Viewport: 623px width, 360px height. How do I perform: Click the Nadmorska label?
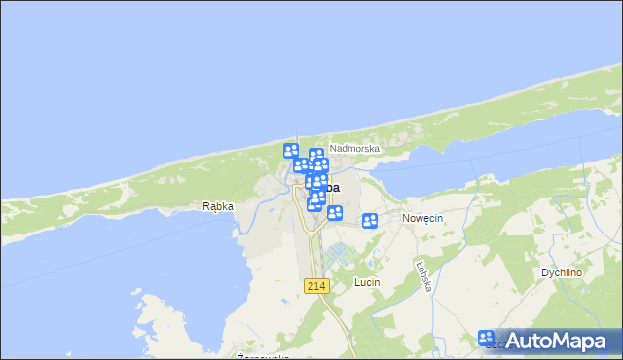(x=353, y=149)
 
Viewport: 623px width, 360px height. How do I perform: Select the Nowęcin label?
(x=422, y=219)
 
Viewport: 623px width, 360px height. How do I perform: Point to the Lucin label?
(x=366, y=282)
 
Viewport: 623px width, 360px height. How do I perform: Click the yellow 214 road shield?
(x=316, y=286)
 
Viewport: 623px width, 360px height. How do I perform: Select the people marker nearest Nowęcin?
(x=370, y=221)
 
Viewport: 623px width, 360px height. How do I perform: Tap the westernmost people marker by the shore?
(x=290, y=151)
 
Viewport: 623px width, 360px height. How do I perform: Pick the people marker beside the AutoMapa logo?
(x=488, y=339)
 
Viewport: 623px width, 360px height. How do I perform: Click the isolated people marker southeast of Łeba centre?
(x=335, y=213)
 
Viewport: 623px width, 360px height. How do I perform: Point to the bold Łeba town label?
(x=331, y=186)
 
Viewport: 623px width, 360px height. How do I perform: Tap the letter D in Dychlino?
(x=543, y=273)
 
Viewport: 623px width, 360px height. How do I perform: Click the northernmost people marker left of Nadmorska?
(x=316, y=155)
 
